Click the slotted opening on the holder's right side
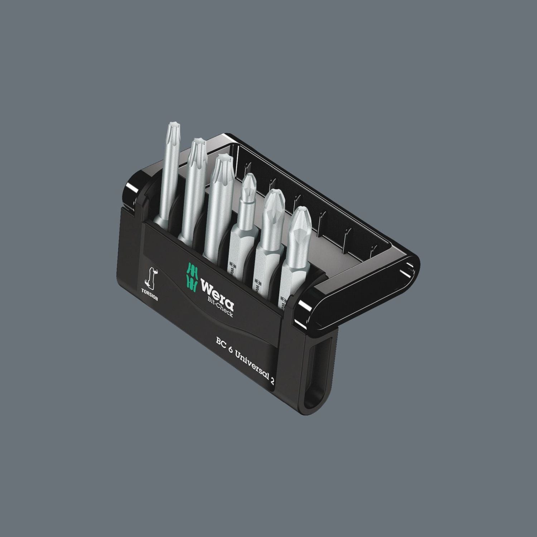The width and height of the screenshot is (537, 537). [318, 365]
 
